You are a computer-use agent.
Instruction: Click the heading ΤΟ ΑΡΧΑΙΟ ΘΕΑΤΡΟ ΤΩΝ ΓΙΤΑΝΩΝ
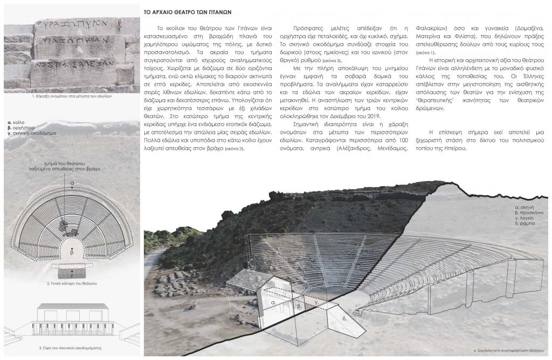pos(189,10)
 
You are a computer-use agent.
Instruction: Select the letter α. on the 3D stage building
pos(274,303)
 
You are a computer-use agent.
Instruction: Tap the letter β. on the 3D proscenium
pos(299,306)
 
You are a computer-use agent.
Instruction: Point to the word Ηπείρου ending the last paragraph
pos(451,150)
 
